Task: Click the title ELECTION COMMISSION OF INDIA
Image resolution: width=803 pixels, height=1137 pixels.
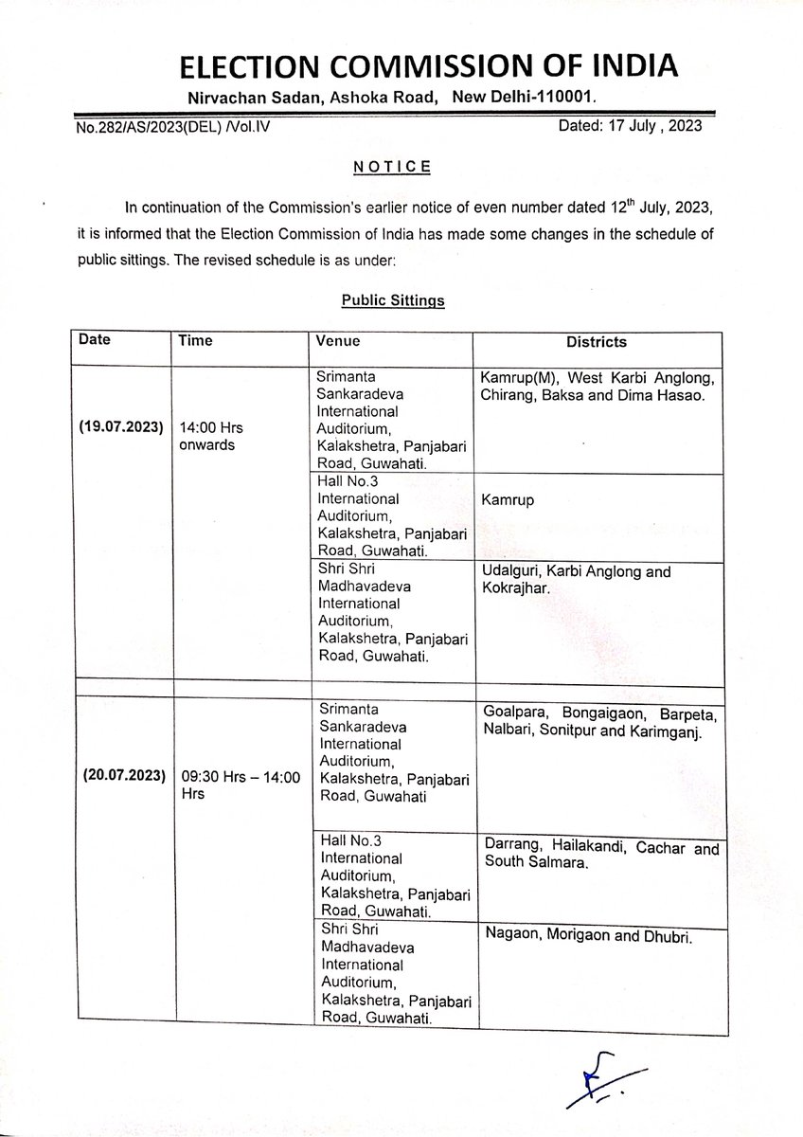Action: click(x=401, y=66)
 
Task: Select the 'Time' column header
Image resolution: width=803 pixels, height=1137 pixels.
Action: click(x=195, y=340)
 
